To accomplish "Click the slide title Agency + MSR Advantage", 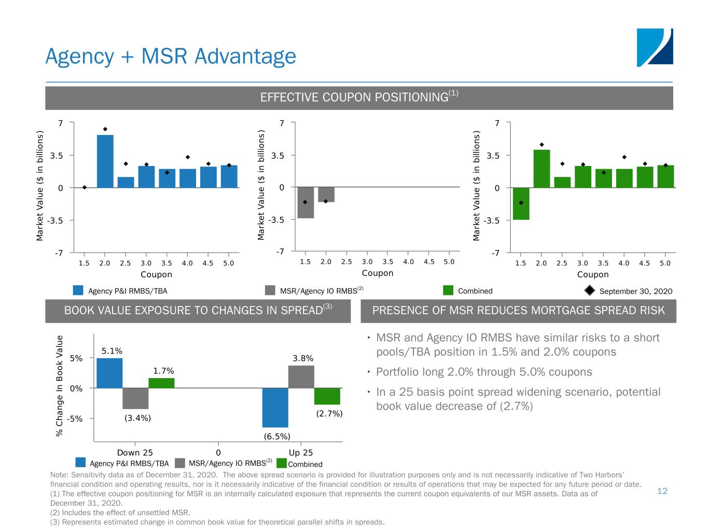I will coord(171,56).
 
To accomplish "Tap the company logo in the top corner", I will coord(655,47).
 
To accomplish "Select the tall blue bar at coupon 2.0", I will coord(105,161).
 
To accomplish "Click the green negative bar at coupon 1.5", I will coord(521,203).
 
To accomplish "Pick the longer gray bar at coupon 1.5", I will coord(306,202).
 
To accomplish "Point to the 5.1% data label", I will coord(112,351).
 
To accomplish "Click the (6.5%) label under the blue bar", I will coord(277,436).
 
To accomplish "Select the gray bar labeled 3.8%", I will coord(301,376).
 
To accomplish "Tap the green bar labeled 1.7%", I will coord(161,383).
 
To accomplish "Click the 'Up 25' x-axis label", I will coord(301,452).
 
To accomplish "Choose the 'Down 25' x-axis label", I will coord(135,452).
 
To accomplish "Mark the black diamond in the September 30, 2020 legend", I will coord(590,290).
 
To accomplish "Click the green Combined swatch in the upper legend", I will coord(448,290).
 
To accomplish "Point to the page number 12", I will coord(662,491).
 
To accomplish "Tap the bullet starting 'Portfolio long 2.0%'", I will coord(483,372).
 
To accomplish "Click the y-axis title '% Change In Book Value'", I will coord(60,385).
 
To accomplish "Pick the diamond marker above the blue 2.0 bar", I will coord(105,129).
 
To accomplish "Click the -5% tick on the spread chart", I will coord(76,418).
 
